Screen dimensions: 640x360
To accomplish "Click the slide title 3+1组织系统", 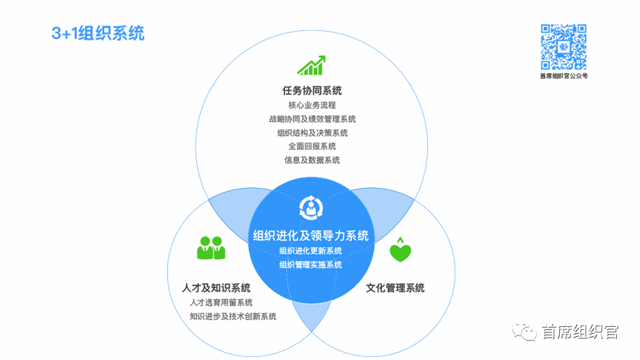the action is tap(98, 34).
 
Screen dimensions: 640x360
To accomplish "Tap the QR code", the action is tap(564, 47).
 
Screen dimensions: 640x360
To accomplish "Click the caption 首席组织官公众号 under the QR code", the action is tap(564, 76).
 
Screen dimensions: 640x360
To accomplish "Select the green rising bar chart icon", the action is tap(311, 65).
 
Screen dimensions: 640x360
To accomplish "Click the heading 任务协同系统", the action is tap(312, 90).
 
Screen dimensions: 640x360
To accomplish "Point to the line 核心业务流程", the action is tap(312, 105).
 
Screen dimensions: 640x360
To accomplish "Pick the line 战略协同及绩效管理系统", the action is tap(312, 119).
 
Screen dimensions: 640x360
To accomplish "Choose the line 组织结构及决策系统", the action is tap(312, 132).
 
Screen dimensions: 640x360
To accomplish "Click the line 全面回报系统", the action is tap(312, 146).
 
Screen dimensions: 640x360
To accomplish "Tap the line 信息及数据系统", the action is tap(312, 160).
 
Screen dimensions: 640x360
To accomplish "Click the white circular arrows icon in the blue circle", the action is tap(311, 207).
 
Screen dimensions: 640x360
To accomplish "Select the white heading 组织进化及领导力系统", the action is tap(311, 236).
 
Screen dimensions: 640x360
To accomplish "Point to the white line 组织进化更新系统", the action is tap(311, 251).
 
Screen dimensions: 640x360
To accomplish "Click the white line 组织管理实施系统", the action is tap(311, 264).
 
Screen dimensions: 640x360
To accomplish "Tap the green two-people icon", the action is tap(211, 247).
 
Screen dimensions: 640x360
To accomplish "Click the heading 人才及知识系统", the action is tap(216, 287).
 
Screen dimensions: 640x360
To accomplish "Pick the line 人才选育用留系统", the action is tap(221, 302).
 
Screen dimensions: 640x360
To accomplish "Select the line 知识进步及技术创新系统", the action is tap(232, 316).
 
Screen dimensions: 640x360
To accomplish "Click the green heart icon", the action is tap(401, 249).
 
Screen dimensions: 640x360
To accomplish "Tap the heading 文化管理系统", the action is tap(395, 287).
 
